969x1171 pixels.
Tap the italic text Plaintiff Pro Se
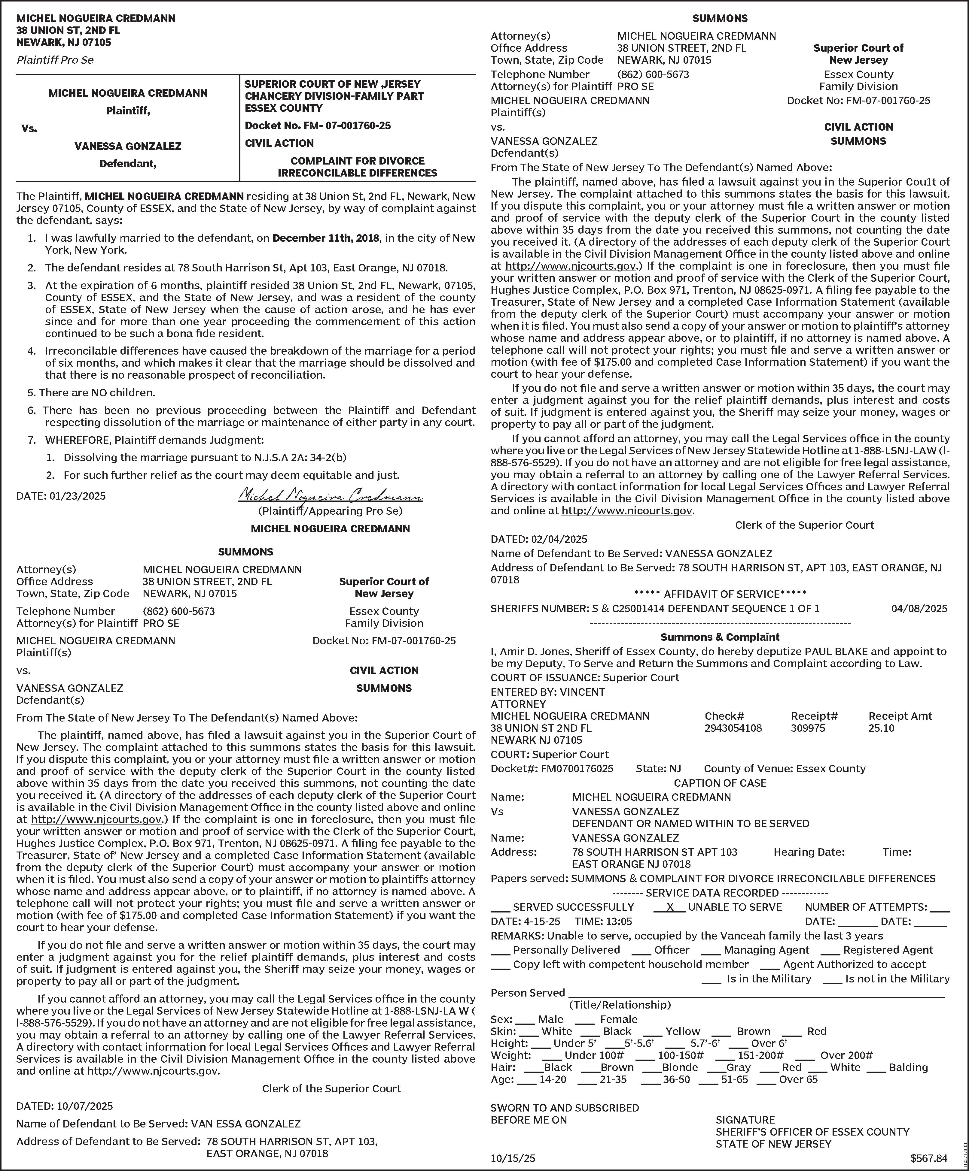55,60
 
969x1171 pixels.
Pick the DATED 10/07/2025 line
65,1106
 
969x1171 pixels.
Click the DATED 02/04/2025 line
539,539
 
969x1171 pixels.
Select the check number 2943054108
733,728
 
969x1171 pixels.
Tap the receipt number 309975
808,728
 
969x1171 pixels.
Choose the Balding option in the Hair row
908,1067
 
